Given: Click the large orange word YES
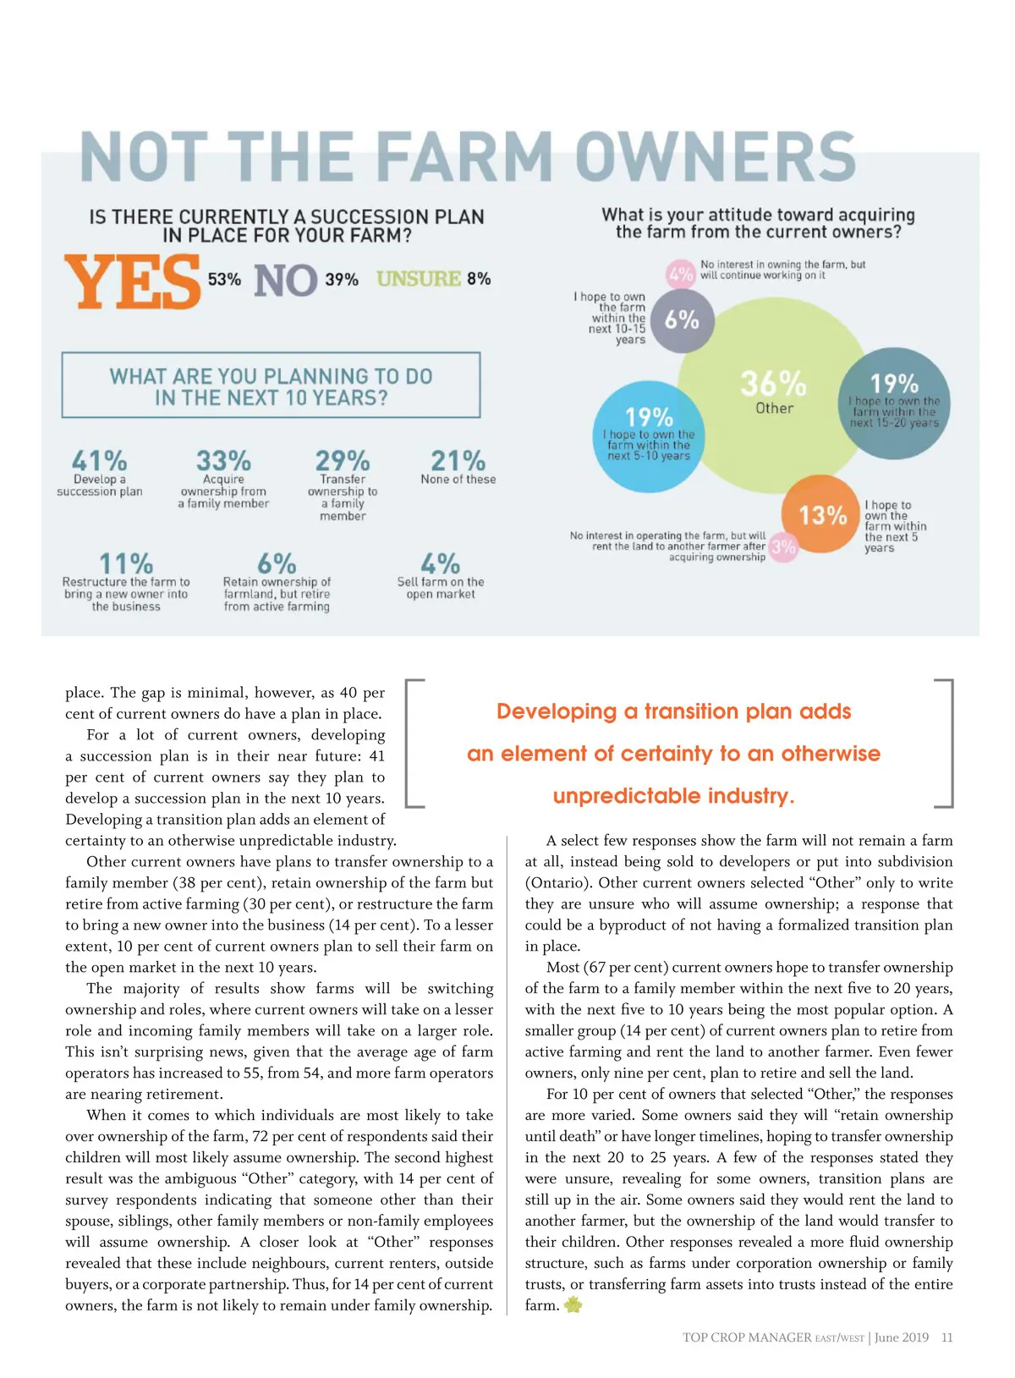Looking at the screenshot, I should click(x=133, y=283).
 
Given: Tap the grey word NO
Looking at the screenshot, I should click(x=285, y=281).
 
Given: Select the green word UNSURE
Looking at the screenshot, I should click(x=419, y=278).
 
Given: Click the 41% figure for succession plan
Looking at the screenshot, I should click(x=99, y=461).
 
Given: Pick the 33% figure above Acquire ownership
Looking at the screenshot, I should click(x=223, y=461).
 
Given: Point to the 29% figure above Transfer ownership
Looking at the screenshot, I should click(x=342, y=461).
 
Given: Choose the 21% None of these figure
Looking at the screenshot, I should click(x=458, y=461).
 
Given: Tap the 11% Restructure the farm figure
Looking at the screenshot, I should click(x=126, y=563).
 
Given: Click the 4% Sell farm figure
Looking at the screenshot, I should click(x=440, y=563).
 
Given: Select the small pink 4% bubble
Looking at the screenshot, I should click(x=681, y=274).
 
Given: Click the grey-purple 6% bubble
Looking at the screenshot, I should click(x=682, y=320).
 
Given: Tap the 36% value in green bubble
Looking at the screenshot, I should click(x=773, y=383).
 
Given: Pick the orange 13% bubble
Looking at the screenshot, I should click(x=822, y=514).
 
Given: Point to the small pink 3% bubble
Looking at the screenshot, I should click(x=783, y=546).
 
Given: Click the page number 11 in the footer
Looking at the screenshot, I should click(x=946, y=1337).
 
